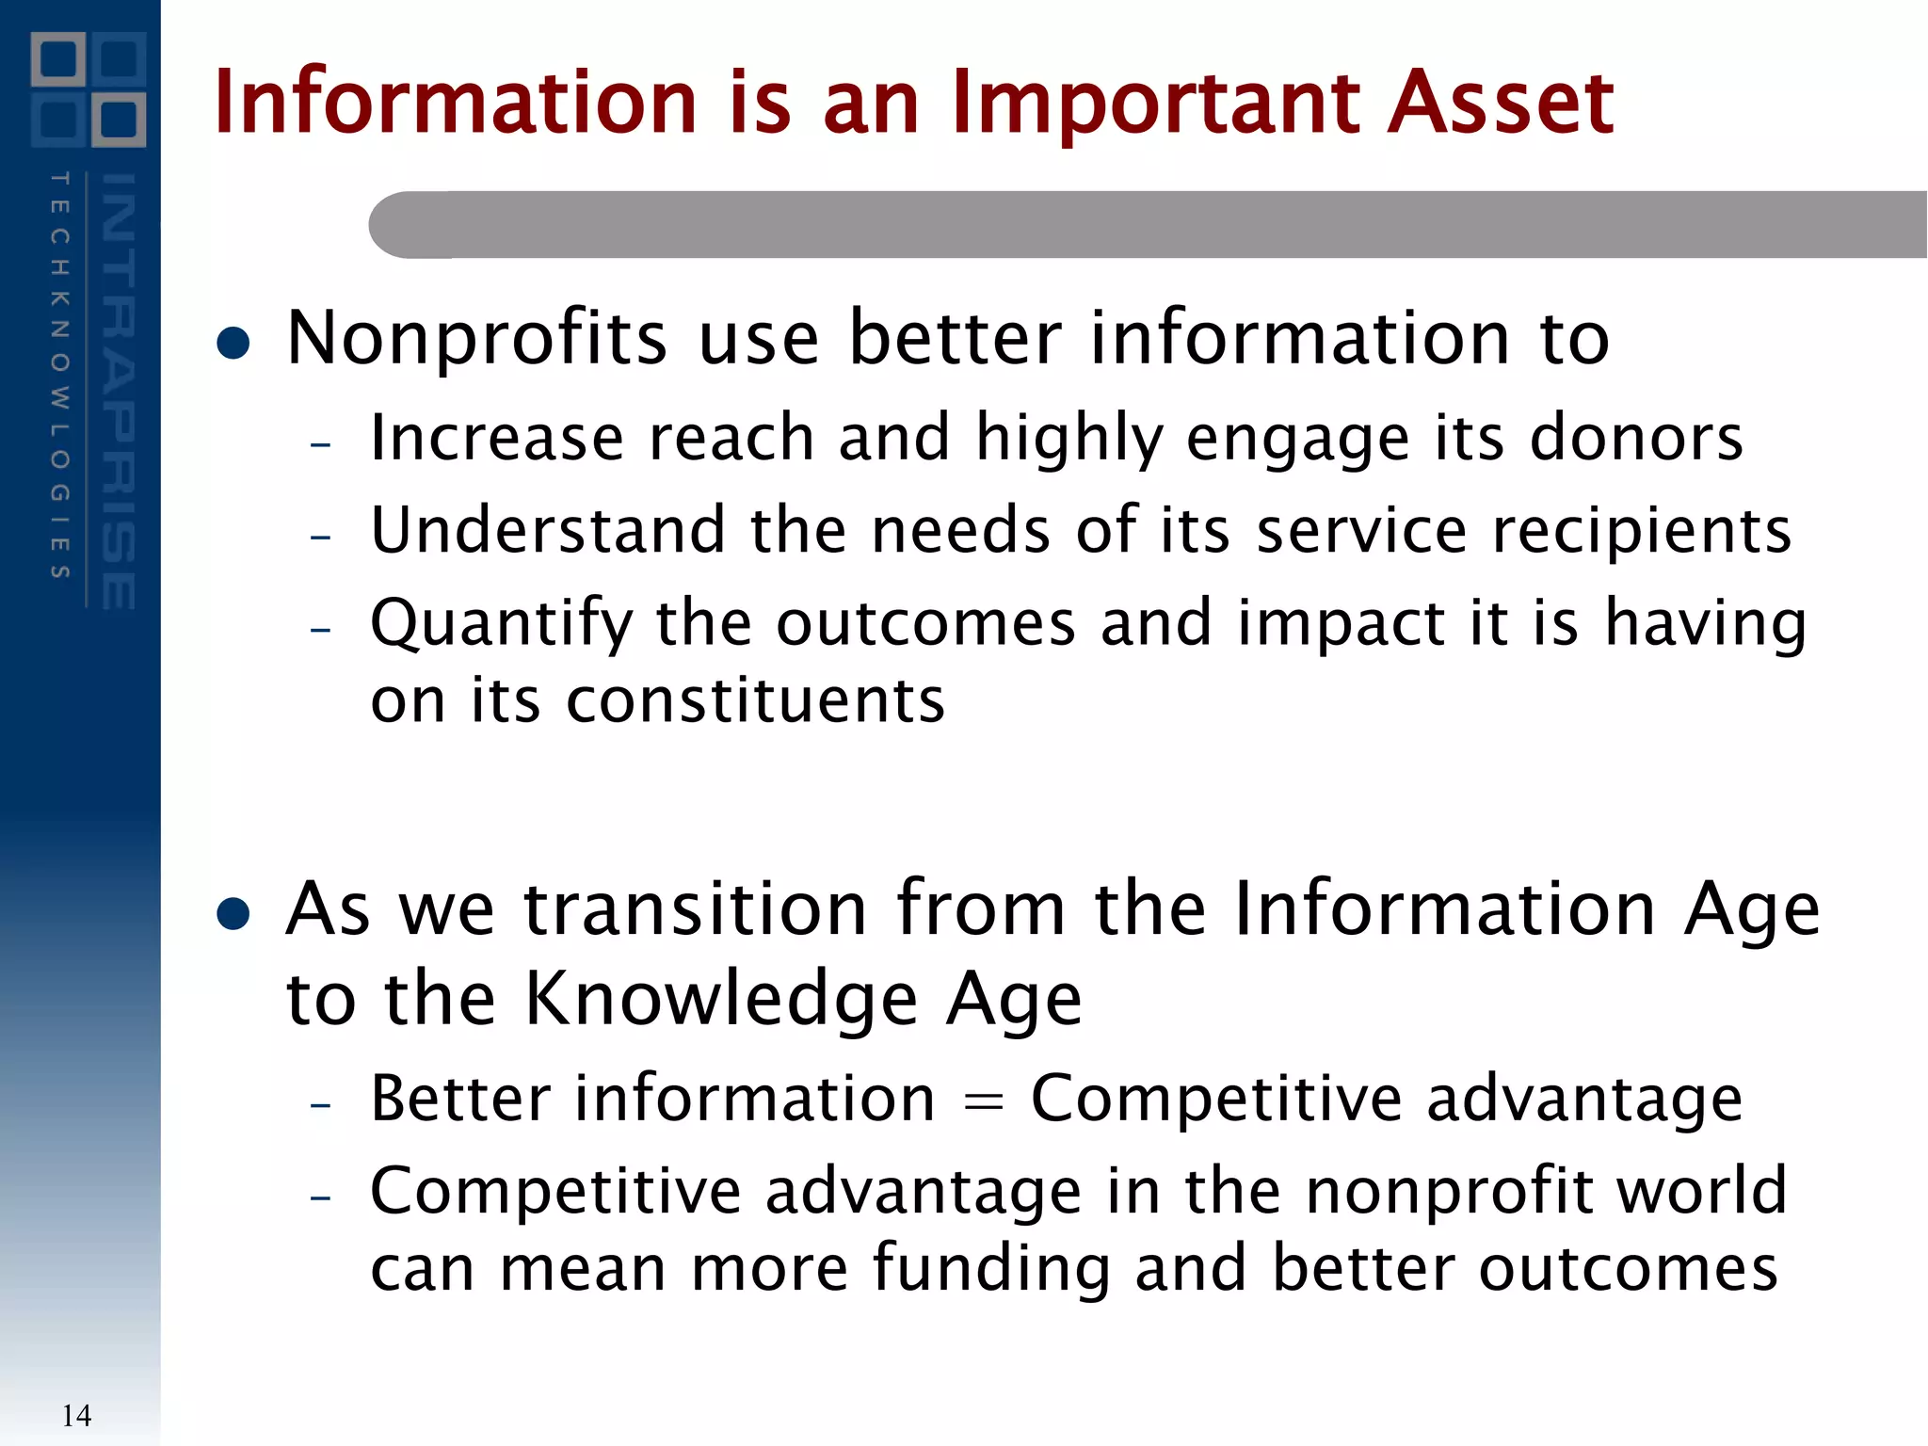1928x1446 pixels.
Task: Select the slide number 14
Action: (76, 1415)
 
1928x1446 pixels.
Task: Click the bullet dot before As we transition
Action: (233, 913)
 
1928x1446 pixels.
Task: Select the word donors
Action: (1636, 438)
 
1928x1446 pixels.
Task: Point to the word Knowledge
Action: (720, 1000)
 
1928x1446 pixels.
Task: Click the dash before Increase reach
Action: (321, 443)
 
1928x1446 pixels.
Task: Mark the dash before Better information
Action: (321, 1104)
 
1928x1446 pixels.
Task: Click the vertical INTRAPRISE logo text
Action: (119, 391)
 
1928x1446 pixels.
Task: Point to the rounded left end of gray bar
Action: (395, 225)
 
